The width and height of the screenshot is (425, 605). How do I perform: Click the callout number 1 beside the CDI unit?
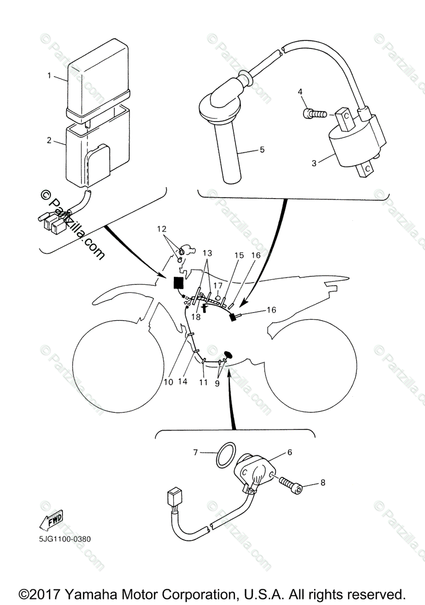point(49,76)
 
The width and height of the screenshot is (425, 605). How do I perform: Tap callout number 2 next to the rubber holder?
point(49,140)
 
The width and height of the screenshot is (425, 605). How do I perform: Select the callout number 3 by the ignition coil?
point(314,163)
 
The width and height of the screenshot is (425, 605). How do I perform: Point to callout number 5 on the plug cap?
point(262,149)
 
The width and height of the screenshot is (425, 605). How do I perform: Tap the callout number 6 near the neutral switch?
point(289,452)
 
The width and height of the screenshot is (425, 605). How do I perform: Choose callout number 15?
point(238,256)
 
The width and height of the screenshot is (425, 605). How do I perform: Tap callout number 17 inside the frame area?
point(217,285)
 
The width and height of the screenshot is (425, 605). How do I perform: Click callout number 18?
point(196,317)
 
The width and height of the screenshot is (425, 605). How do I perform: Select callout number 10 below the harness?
point(168,382)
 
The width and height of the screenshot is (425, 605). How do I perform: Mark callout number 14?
point(183,382)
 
